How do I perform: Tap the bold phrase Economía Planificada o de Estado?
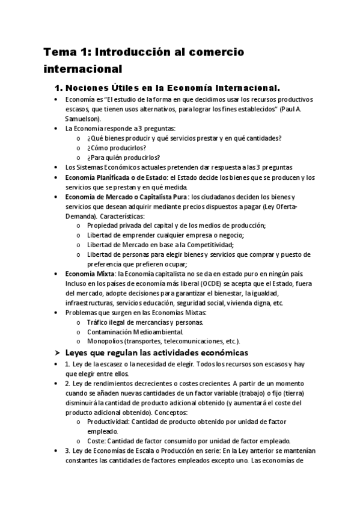(x=116, y=177)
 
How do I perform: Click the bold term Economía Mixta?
(x=90, y=274)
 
